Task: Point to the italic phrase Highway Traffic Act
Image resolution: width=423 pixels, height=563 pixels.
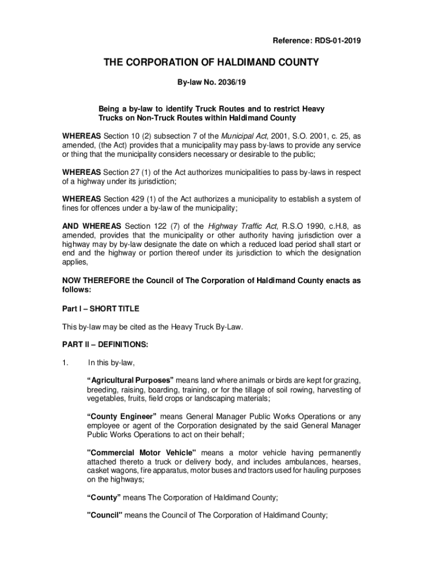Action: point(241,225)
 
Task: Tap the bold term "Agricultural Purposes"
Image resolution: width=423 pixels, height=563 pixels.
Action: point(130,380)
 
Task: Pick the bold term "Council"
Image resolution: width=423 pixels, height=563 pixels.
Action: point(104,515)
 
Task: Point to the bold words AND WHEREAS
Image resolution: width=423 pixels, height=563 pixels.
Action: point(91,225)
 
